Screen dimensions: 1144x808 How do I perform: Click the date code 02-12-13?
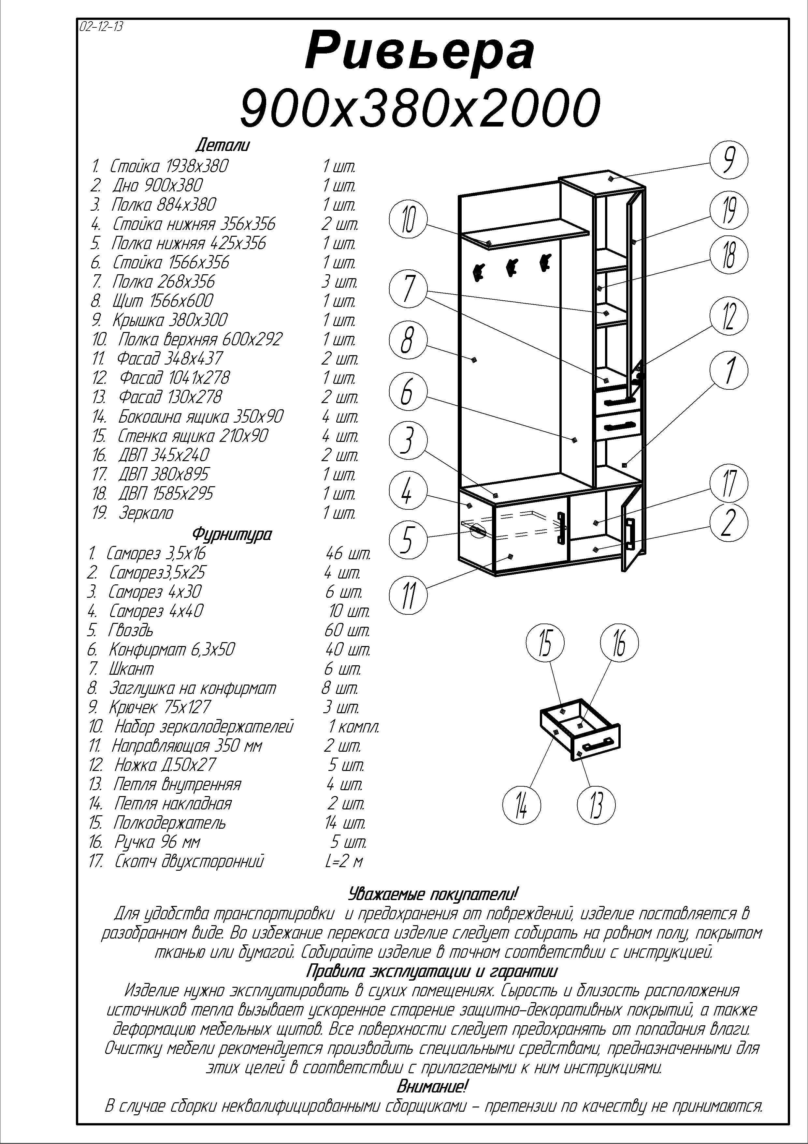coord(101,26)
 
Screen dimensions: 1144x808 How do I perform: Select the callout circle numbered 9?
coord(729,159)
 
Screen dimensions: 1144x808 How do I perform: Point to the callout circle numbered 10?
coord(408,220)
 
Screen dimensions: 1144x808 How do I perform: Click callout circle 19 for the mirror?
coord(729,211)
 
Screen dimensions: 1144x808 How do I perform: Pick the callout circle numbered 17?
coord(729,482)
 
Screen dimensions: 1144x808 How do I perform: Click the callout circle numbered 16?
coord(619,644)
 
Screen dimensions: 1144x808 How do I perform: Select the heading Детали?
coord(222,145)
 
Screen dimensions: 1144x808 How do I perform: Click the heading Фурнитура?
coord(232,534)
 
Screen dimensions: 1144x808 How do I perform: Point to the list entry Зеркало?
coord(146,513)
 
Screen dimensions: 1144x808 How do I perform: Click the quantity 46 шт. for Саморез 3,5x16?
coord(348,553)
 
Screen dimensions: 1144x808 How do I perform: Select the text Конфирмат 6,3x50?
coord(172,650)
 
